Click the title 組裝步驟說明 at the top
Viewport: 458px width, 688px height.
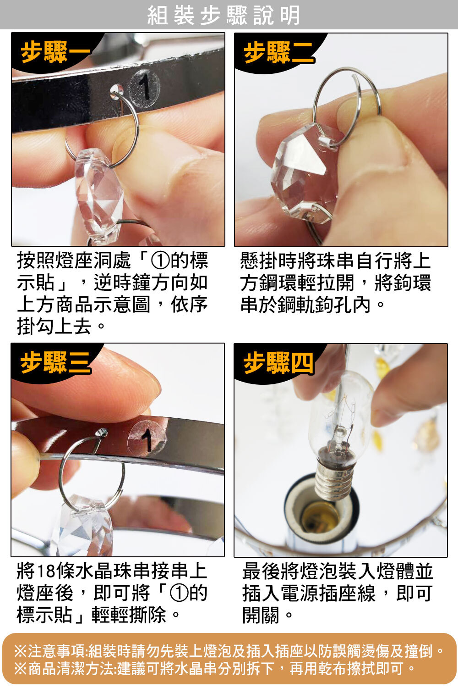click(x=224, y=15)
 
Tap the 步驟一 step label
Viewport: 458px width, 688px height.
click(x=56, y=52)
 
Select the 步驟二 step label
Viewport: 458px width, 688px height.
click(x=279, y=52)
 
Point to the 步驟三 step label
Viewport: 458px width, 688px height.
click(x=56, y=362)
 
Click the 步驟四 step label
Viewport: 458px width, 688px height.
click(x=278, y=363)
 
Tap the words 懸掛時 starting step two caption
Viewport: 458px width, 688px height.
click(x=268, y=261)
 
